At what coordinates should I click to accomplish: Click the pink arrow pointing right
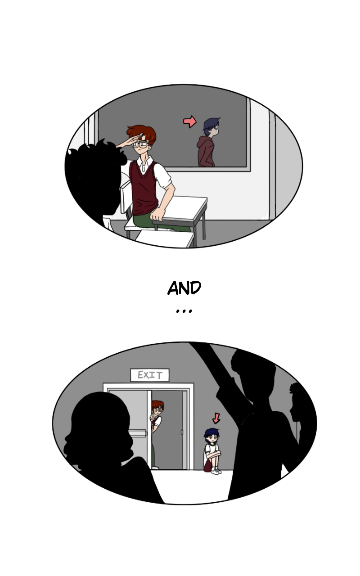point(190,121)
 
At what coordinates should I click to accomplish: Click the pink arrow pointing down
point(216,418)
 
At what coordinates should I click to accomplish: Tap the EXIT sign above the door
point(150,375)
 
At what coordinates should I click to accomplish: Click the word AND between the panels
point(184,288)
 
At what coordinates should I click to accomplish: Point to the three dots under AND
point(184,311)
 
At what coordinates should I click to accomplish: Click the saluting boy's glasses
point(140,144)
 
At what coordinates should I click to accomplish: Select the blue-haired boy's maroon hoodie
point(206,152)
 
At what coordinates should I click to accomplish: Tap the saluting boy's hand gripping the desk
point(157,214)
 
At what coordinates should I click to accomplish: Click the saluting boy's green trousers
point(154,222)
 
